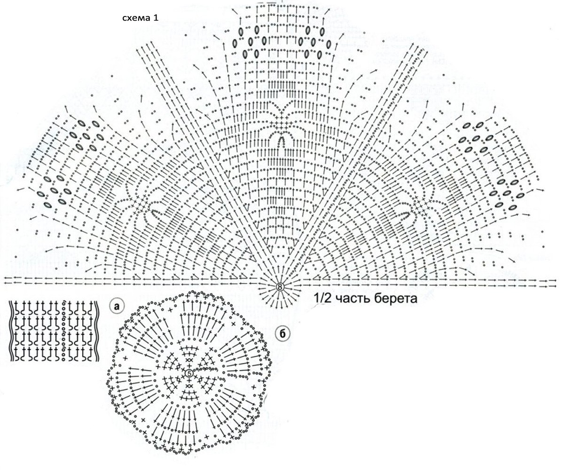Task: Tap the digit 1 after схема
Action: point(156,18)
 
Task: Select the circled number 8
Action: point(280,287)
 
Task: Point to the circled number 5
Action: point(189,373)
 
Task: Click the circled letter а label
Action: point(117,307)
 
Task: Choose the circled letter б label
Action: point(282,334)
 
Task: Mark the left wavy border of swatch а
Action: point(11,331)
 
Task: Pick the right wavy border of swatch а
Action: point(96,331)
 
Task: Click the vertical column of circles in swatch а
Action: point(64,331)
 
